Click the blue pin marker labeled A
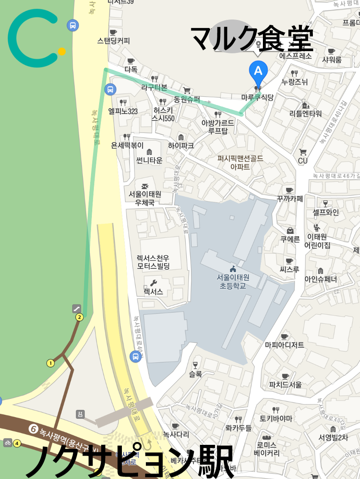258,71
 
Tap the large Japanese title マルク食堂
252,38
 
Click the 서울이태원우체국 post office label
145,198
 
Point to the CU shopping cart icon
303,152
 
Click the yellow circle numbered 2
79,317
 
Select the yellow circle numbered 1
50,363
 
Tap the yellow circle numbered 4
17,443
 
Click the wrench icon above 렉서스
153,283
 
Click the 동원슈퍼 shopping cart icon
187,90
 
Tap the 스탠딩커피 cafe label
113,41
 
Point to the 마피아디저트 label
284,345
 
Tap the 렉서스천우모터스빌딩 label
153,262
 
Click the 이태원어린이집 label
317,241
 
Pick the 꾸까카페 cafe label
290,198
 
